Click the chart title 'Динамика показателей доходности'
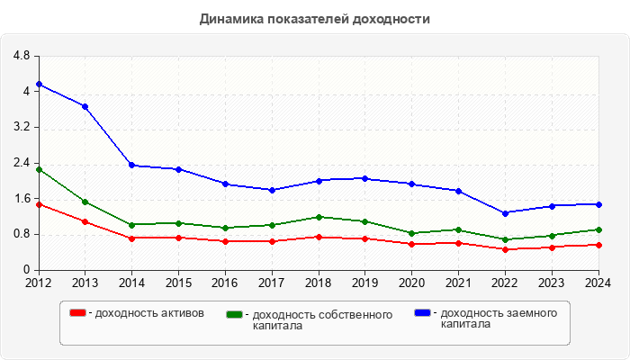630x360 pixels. pyautogui.click(x=315, y=18)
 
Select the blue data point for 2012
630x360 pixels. pyautogui.click(x=39, y=85)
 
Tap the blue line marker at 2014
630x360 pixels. pyautogui.click(x=131, y=166)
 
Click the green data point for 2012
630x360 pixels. pyautogui.click(x=39, y=169)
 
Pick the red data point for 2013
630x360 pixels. pyautogui.click(x=85, y=221)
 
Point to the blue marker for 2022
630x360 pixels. pyautogui.click(x=505, y=213)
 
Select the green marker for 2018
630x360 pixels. pyautogui.click(x=319, y=217)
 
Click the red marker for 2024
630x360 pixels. pyautogui.click(x=598, y=245)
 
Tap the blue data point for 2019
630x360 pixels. pyautogui.click(x=365, y=178)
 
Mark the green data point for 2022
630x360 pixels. pyautogui.click(x=505, y=239)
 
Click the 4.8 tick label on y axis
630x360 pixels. pyautogui.click(x=22, y=56)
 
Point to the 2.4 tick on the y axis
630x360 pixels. pyautogui.click(x=22, y=163)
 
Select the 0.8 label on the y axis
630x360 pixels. pyautogui.click(x=22, y=234)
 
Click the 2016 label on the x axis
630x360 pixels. pyautogui.click(x=225, y=283)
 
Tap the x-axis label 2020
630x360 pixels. pyautogui.click(x=411, y=283)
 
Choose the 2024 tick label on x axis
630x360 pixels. pyautogui.click(x=597, y=283)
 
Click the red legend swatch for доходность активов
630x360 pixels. pyautogui.click(x=78, y=313)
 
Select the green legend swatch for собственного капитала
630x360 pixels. pyautogui.click(x=235, y=315)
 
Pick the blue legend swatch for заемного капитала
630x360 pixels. pyautogui.click(x=422, y=313)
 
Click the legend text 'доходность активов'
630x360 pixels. pyautogui.click(x=149, y=313)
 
